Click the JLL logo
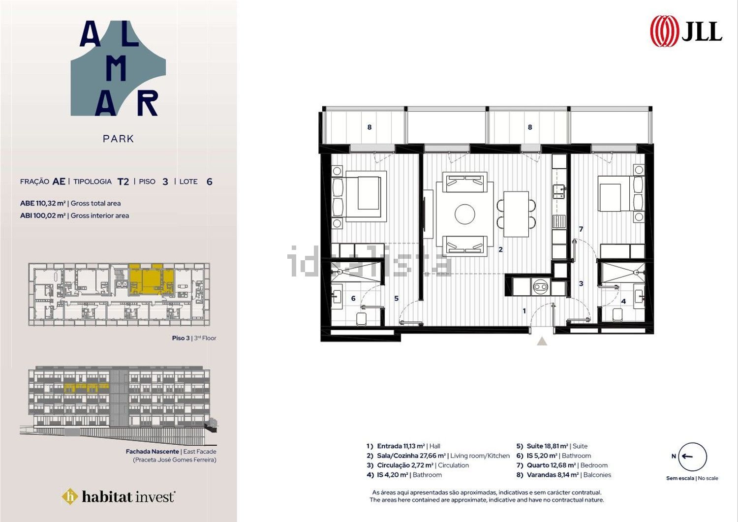(686, 31)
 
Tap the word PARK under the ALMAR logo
(118, 139)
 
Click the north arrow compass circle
(693, 457)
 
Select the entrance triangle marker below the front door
(542, 341)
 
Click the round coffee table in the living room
(465, 214)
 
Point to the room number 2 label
(500, 249)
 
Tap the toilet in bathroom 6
(362, 319)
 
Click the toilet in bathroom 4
(617, 314)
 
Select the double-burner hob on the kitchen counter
(540, 287)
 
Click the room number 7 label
(581, 229)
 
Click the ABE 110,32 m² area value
(43, 203)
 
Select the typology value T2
(123, 182)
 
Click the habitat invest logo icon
(70, 496)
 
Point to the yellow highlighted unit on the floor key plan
(151, 279)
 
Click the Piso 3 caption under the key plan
(181, 338)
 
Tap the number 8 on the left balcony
(369, 127)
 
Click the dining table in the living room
(516, 214)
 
